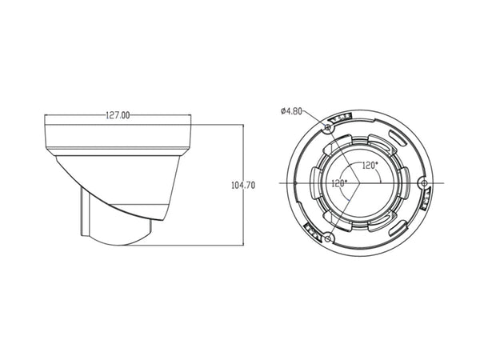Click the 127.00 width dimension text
(x=118, y=115)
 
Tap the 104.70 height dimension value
(x=243, y=186)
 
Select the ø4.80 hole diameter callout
(x=291, y=111)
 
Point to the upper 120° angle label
(x=370, y=166)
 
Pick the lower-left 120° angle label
(x=339, y=183)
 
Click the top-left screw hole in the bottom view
(x=328, y=127)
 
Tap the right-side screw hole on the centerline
(x=424, y=183)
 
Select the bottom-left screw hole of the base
(x=328, y=238)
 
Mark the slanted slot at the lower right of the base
(x=398, y=228)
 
